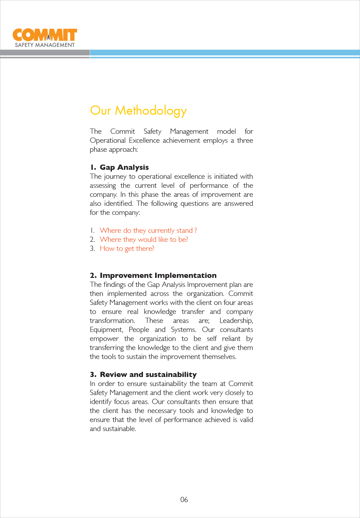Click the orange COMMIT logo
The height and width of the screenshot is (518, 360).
click(45, 35)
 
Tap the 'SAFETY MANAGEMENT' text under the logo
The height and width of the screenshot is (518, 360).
click(45, 45)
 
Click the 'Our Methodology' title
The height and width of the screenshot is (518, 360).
click(138, 111)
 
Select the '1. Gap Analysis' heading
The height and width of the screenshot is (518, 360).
click(119, 167)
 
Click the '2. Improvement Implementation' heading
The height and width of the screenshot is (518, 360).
click(153, 275)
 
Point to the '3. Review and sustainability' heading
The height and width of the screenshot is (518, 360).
click(143, 375)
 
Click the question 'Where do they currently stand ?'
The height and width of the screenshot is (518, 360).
click(148, 230)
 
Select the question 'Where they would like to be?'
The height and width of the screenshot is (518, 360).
click(144, 239)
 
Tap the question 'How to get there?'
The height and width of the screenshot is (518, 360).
click(127, 248)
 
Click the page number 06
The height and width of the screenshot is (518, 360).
click(184, 500)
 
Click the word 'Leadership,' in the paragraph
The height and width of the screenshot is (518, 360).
click(236, 321)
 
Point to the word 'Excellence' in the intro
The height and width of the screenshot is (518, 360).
click(144, 140)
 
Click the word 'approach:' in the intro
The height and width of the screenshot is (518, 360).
click(123, 149)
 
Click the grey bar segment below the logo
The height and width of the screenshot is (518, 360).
click(45, 53)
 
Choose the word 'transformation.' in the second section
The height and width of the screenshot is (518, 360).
click(112, 321)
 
